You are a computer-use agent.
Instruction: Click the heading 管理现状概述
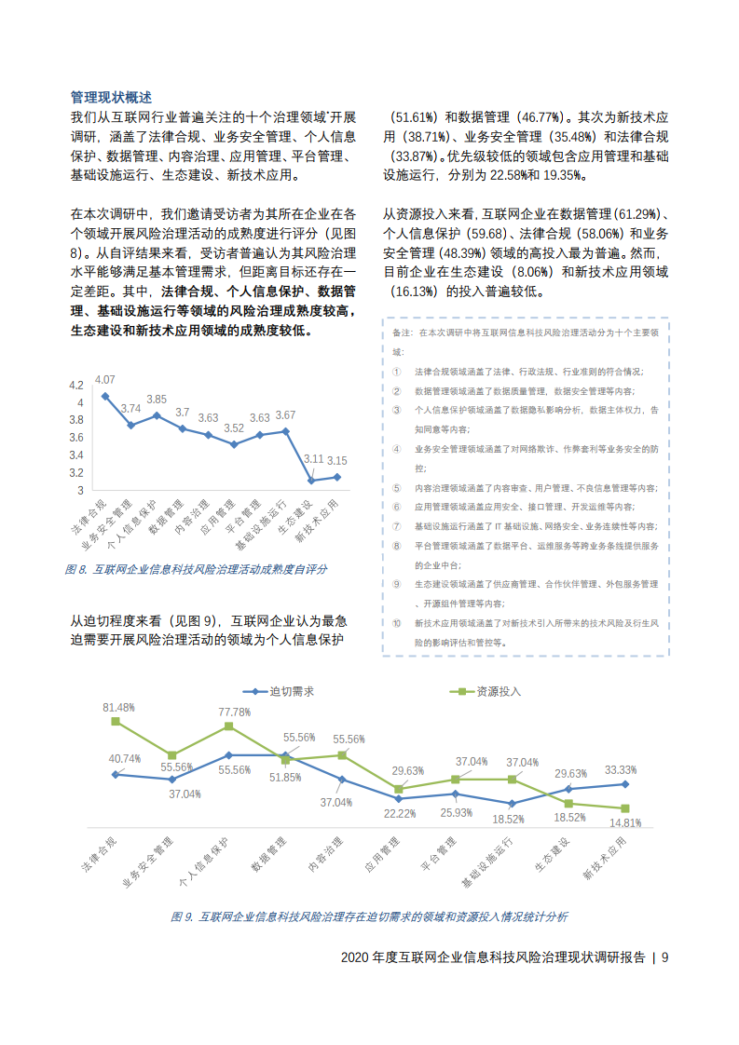click(111, 97)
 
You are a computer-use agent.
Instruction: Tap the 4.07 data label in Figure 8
click(104, 379)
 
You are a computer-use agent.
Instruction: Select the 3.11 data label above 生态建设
click(313, 459)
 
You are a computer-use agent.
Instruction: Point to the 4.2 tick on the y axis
click(76, 385)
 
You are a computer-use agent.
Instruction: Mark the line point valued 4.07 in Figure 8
click(105, 396)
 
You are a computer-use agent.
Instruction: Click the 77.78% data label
click(234, 712)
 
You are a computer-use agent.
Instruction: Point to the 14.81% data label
click(625, 822)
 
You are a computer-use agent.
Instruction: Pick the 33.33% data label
click(621, 770)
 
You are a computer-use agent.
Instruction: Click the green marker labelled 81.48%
click(116, 721)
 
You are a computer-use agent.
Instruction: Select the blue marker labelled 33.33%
click(625, 783)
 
